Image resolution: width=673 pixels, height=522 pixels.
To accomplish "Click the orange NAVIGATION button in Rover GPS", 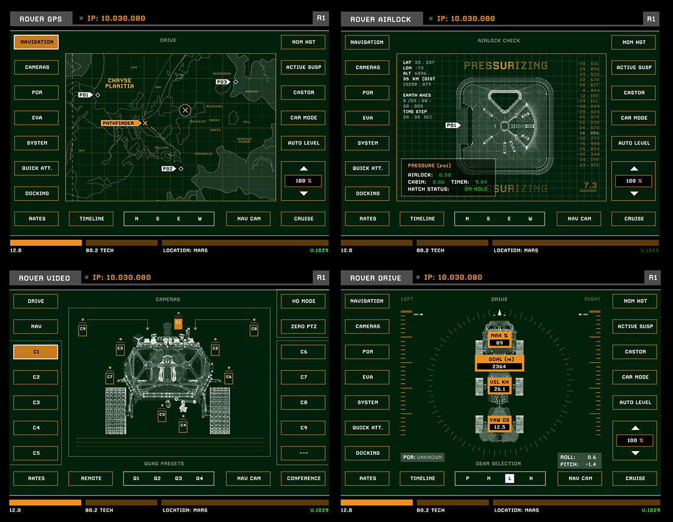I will point(36,42).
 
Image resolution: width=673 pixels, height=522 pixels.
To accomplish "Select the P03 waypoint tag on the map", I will point(222,82).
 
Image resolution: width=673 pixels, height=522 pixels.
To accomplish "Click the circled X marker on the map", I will point(185,110).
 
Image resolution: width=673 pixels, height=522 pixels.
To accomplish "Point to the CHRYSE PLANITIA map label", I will point(119,83).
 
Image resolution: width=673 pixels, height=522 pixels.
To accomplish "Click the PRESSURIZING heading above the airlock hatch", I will point(505,65).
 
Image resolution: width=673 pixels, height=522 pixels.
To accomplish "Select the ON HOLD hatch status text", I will point(476,189).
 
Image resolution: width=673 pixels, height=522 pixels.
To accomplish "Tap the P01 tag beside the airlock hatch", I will point(452,125).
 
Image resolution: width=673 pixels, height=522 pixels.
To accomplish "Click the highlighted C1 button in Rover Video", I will point(36,352).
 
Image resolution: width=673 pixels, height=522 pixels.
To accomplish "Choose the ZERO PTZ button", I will point(303,326).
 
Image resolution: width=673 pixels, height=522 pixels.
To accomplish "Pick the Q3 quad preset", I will point(178,478).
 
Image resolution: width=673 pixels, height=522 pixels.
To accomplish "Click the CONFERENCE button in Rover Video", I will point(303,478).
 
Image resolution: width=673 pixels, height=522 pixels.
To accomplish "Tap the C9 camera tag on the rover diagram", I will point(83,329).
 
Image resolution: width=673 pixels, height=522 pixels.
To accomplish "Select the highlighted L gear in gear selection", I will point(509,478).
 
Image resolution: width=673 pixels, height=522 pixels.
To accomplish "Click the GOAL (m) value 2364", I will point(499,366).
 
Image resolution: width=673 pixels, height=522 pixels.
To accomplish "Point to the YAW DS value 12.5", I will point(499,427).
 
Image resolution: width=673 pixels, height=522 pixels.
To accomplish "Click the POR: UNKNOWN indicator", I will point(422,457).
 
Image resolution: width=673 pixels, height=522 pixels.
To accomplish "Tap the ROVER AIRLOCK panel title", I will point(380,19).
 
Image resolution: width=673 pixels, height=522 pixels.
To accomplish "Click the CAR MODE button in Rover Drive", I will point(635,377).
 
